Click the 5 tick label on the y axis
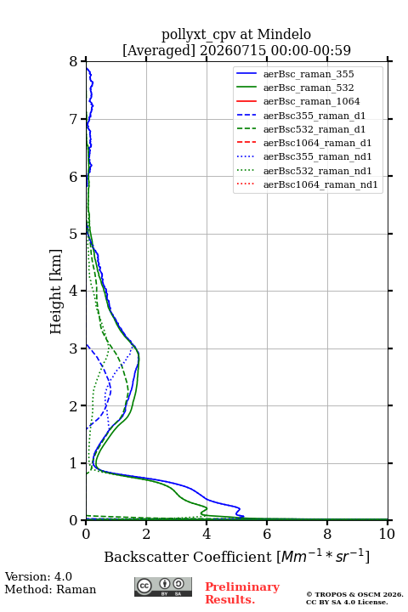point(73,234)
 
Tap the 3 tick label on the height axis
point(73,348)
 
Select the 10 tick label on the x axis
point(387,534)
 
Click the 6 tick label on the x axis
point(267,534)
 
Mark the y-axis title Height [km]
point(55,292)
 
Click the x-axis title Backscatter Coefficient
point(188,557)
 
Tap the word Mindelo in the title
point(284,34)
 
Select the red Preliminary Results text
point(242,593)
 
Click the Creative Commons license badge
point(163,586)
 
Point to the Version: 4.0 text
point(38,576)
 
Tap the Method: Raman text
point(50,589)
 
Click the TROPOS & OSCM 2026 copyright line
point(354,594)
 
